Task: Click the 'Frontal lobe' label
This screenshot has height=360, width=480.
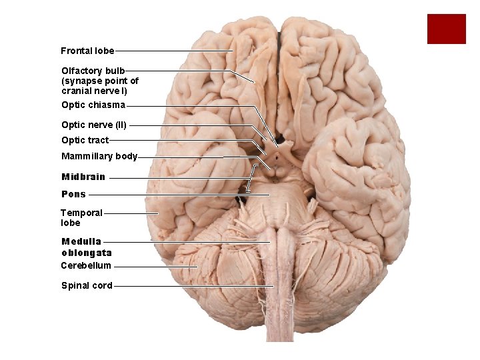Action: pos(87,51)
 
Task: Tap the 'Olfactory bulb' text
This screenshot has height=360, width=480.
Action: pos(93,71)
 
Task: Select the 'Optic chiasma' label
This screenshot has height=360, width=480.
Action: pos(93,105)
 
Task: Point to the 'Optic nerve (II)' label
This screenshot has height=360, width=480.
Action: pos(94,125)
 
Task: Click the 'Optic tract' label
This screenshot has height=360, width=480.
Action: pos(85,140)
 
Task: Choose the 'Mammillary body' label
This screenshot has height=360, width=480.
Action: pos(99,157)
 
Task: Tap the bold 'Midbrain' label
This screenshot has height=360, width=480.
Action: pos(83,177)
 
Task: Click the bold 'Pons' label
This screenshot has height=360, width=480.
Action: pos(73,195)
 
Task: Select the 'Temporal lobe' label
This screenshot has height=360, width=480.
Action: pos(81,217)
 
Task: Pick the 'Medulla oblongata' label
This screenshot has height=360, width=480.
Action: pos(86,247)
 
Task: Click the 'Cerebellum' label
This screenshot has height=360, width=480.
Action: pos(86,265)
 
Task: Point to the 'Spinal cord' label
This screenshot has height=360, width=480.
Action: pos(87,286)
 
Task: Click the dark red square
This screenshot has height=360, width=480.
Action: pos(446,29)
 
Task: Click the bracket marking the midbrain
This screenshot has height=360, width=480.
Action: pos(251,178)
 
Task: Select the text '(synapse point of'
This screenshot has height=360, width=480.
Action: pos(100,81)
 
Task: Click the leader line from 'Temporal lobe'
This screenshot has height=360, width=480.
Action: pos(131,213)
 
